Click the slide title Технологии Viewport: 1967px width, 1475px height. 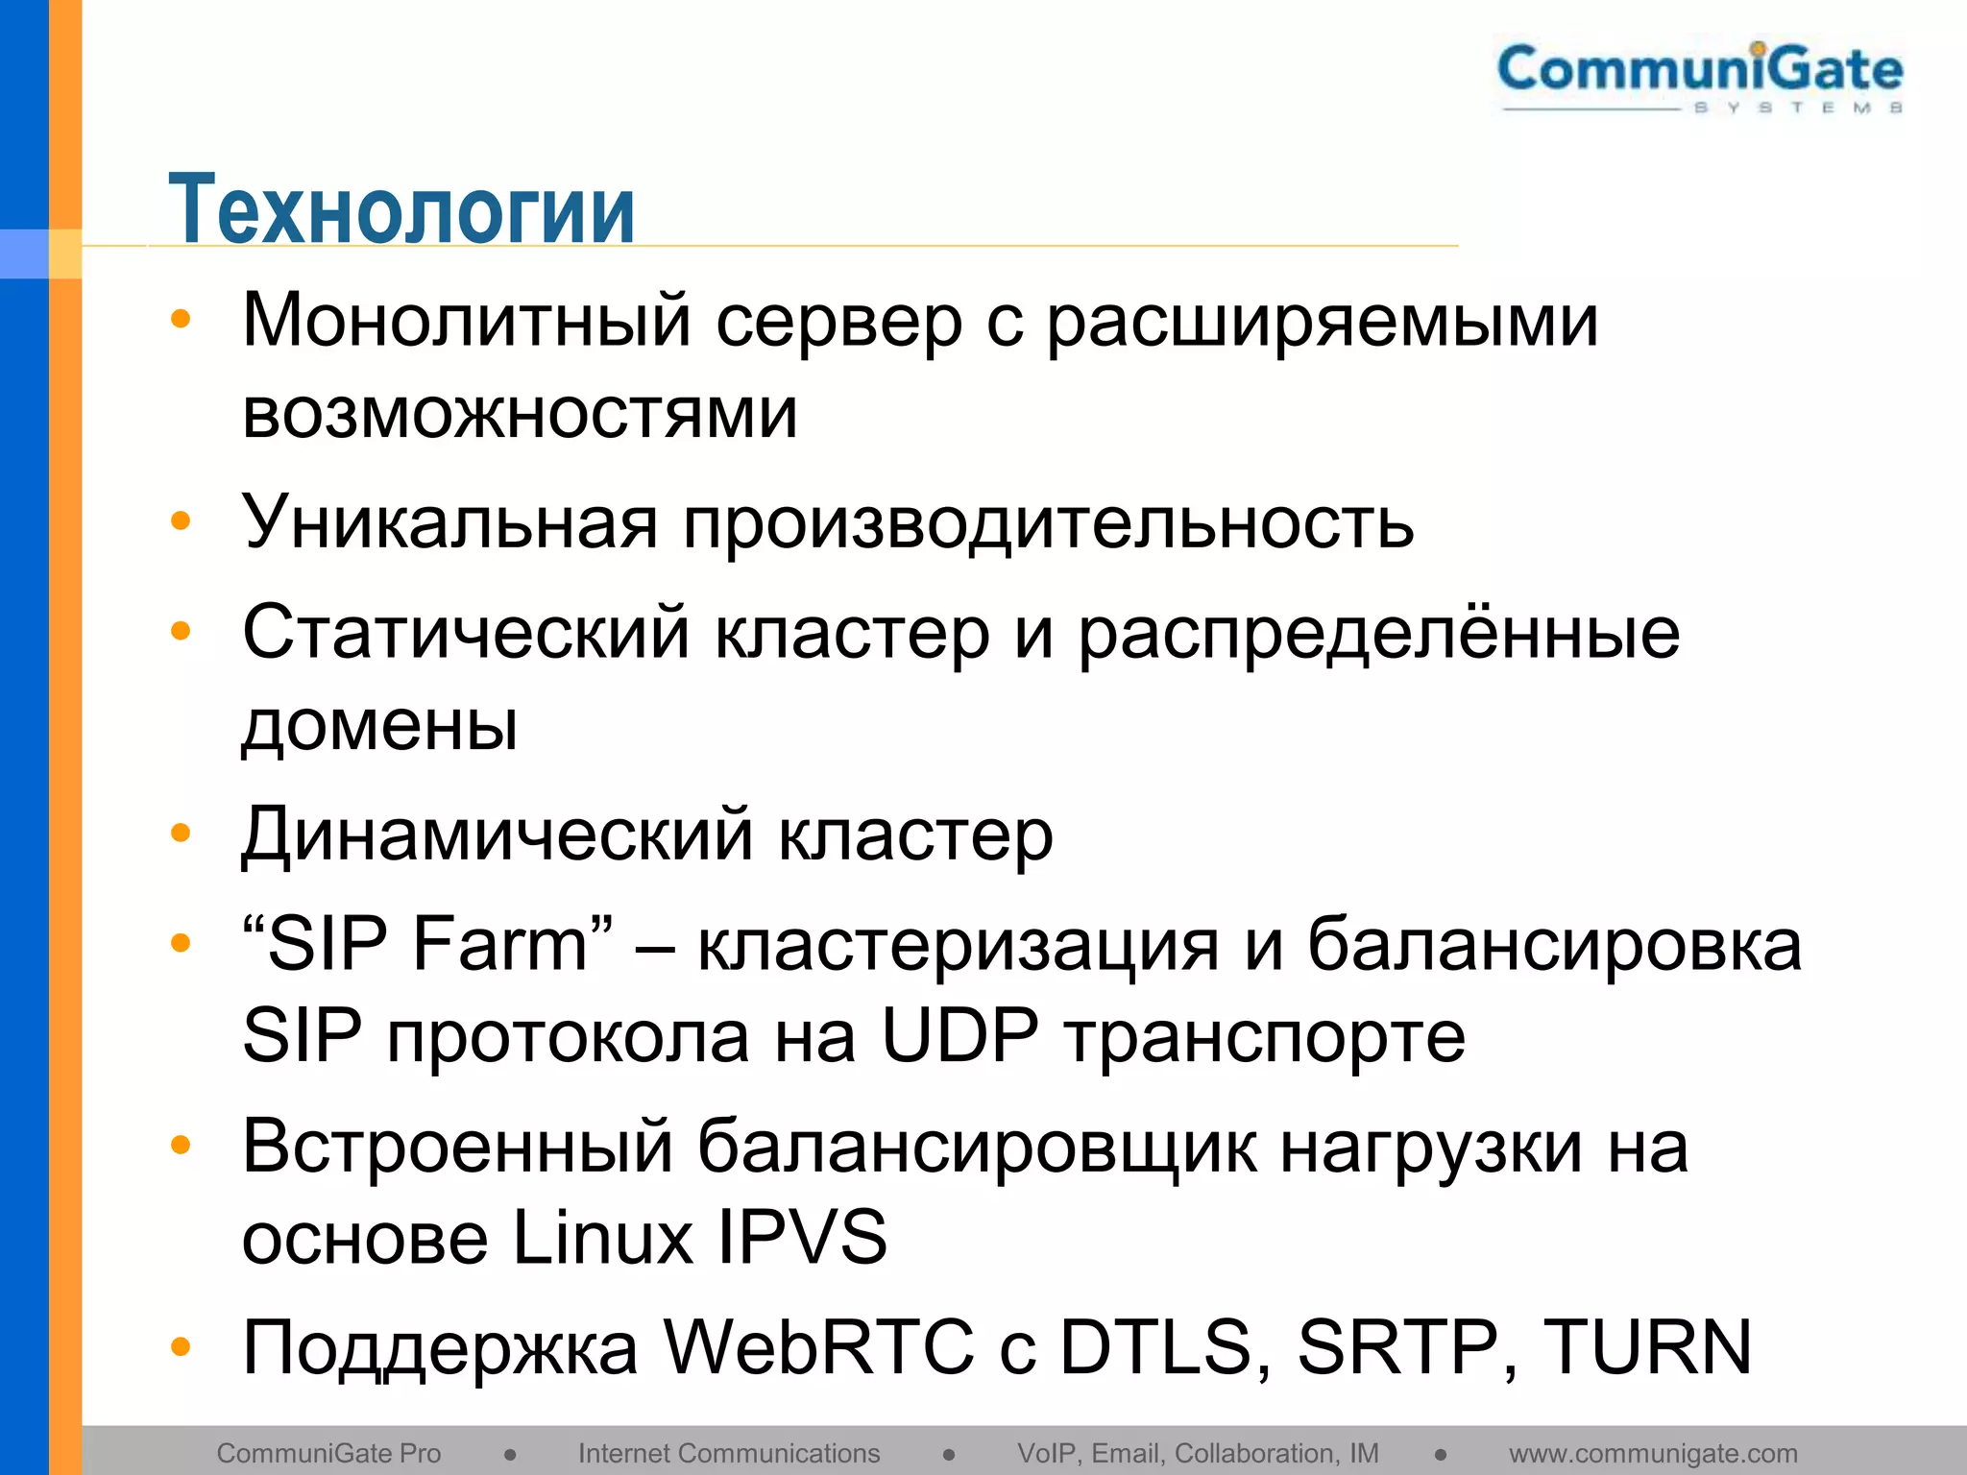point(401,208)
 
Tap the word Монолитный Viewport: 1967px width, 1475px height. point(467,320)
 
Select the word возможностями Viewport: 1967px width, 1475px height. point(520,413)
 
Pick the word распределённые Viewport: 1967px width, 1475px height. point(1378,634)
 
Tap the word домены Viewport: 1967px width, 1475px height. point(379,725)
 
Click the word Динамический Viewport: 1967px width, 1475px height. point(497,834)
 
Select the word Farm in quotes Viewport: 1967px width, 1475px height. point(499,944)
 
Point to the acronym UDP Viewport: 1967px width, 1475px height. point(959,1036)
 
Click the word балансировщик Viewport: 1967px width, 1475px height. point(976,1148)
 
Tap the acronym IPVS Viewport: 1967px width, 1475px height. point(802,1238)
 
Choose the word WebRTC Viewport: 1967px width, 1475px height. point(819,1347)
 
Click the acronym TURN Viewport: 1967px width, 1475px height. point(1647,1347)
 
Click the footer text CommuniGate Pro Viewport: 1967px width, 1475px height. point(328,1453)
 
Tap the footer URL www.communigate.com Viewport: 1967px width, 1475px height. point(1653,1454)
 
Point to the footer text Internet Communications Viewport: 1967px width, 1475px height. point(729,1453)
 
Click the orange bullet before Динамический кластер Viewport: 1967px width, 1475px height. point(181,833)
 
